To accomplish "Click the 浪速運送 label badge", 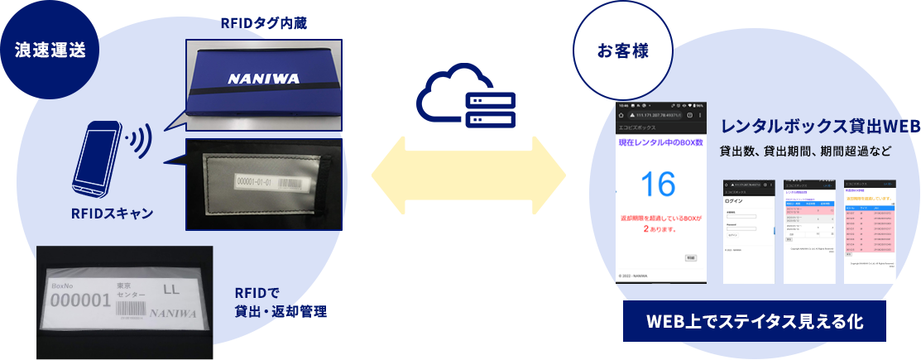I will click(x=50, y=49).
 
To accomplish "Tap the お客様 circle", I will click(x=622, y=50).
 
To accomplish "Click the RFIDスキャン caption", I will click(x=113, y=214).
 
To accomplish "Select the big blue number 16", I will click(x=657, y=184).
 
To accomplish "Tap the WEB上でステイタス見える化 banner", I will click(x=747, y=321).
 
